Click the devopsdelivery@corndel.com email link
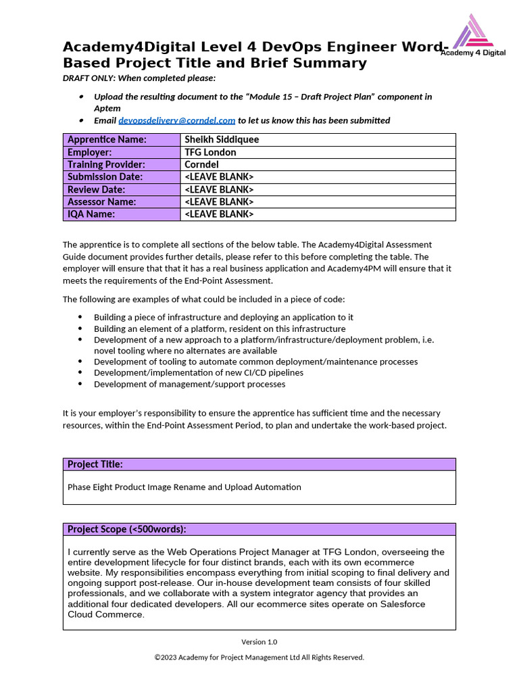[x=177, y=120]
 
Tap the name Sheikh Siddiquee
[x=222, y=140]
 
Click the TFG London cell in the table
[x=210, y=152]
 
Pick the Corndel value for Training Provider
[x=201, y=164]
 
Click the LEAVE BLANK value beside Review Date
[x=219, y=189]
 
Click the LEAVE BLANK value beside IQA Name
[x=219, y=214]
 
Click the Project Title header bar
[x=259, y=464]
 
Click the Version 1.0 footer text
[x=259, y=642]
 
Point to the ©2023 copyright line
[x=259, y=658]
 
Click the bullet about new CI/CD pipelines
[x=198, y=372]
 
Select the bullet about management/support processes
[x=189, y=384]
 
